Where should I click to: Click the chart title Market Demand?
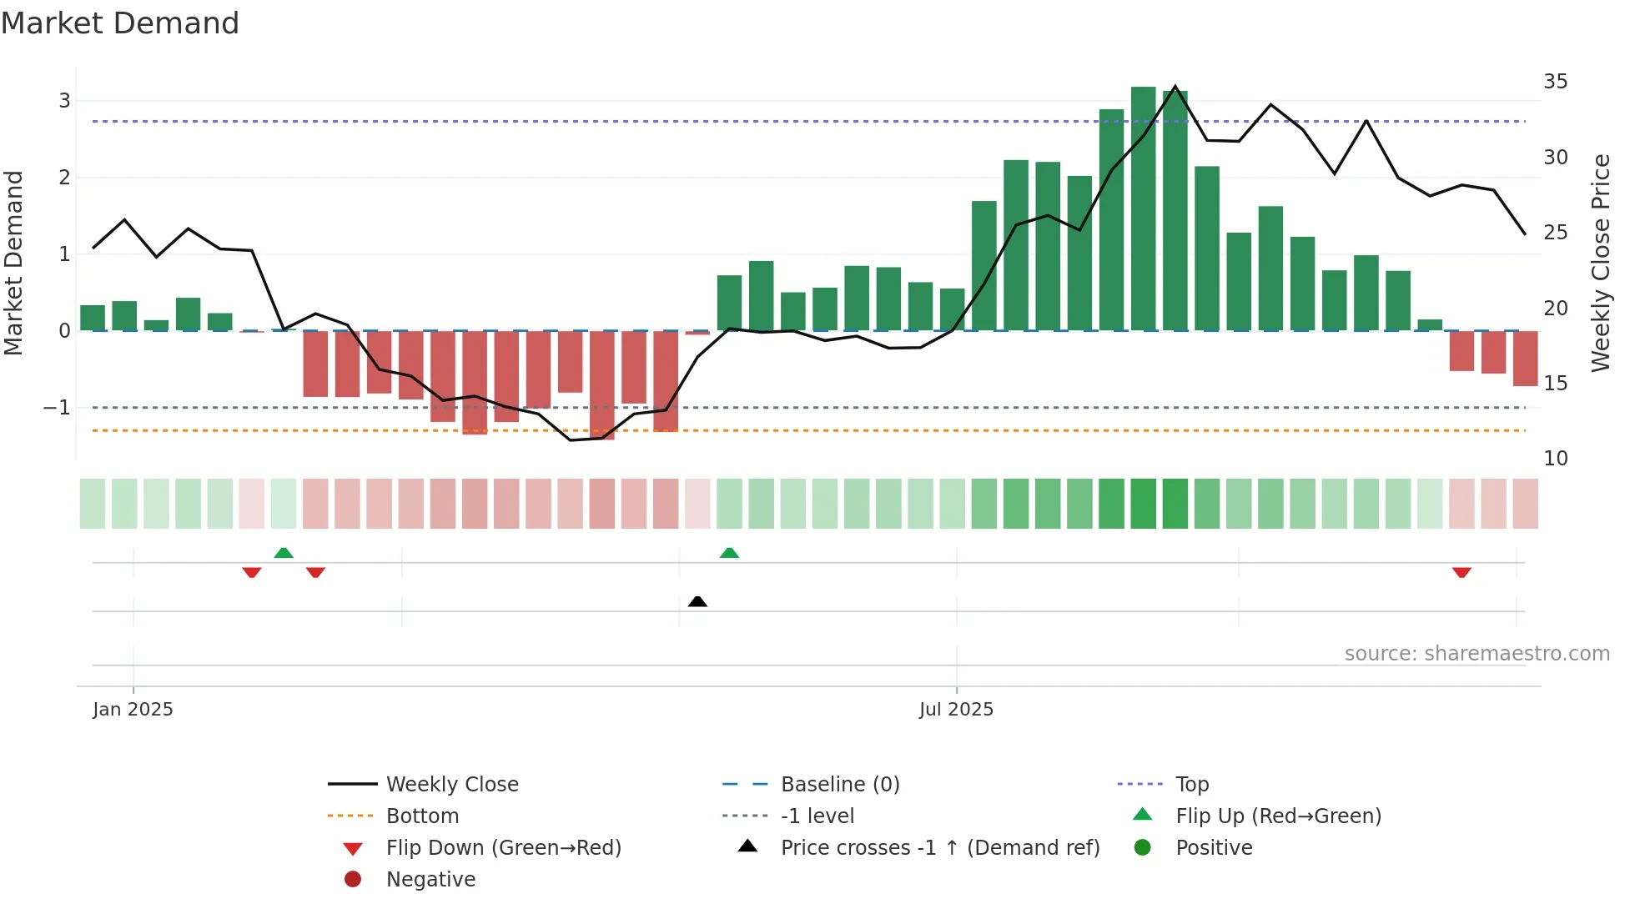click(120, 23)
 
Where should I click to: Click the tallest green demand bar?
click(1143, 208)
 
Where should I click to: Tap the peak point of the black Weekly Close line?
click(1175, 87)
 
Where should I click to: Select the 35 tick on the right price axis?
click(1555, 82)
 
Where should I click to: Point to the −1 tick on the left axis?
click(57, 408)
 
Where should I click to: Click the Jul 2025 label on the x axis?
click(956, 710)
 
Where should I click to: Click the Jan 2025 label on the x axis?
click(133, 710)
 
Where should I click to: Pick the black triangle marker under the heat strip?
click(697, 601)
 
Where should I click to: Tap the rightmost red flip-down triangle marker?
click(1461, 572)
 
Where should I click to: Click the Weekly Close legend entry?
click(451, 785)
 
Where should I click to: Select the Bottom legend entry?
click(422, 816)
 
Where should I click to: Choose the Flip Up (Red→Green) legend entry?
click(1278, 816)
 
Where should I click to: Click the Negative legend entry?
click(430, 880)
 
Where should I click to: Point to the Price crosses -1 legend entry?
click(939, 848)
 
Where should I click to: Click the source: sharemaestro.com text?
click(1477, 654)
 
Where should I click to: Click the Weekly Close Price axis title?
click(1600, 263)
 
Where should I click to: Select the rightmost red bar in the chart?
click(1525, 359)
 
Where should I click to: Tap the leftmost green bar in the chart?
click(93, 318)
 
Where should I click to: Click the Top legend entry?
click(1191, 785)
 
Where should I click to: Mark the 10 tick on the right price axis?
click(1555, 459)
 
